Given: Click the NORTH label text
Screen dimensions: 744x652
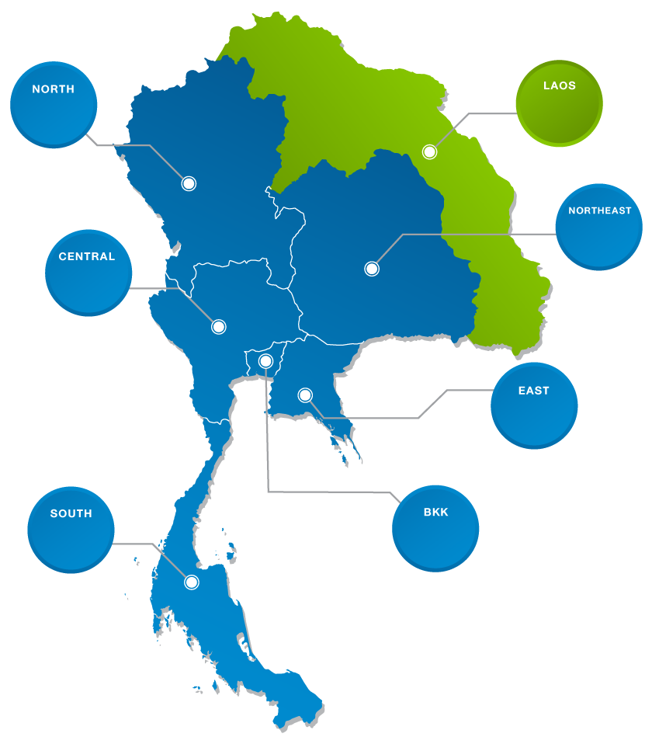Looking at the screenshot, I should coord(53,89).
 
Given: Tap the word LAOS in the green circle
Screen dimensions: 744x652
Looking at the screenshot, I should coord(559,85).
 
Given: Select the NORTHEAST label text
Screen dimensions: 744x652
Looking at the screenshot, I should coord(599,210).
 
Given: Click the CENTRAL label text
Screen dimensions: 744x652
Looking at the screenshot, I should coord(86,257).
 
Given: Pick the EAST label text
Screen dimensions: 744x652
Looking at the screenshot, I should coord(533,391).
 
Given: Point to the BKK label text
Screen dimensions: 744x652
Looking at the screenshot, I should coord(435,513).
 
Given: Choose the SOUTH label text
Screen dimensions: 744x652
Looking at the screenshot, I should coord(71,513).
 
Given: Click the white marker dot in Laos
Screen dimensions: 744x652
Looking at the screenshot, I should coord(429,152).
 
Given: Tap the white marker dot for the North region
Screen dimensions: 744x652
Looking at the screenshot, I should coord(189,183).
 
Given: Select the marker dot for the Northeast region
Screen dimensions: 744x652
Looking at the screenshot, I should coord(372,269).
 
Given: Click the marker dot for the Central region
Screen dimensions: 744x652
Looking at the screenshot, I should coord(219,327).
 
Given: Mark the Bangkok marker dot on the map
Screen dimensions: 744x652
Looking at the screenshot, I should coord(265,360).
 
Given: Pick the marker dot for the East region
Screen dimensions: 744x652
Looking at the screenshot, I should coord(305,395).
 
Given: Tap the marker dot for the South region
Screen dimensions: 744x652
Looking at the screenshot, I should coord(192,582).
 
